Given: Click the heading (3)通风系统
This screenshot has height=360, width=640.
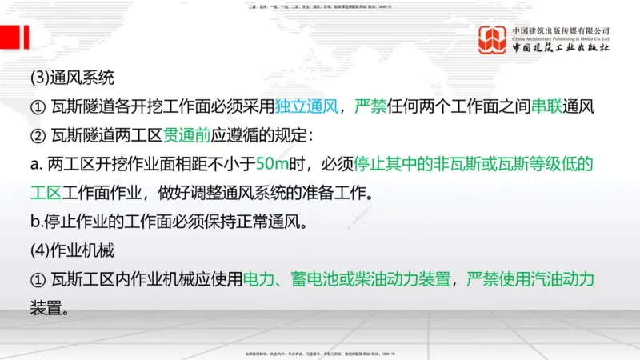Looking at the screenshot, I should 72,78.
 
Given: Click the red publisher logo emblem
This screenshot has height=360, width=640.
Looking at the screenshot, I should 493,41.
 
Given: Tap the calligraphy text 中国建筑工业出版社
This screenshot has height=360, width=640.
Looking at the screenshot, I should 561,49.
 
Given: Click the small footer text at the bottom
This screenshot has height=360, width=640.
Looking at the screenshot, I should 319,354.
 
